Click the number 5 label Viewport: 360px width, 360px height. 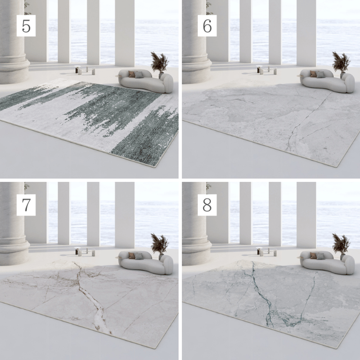click(x=26, y=26)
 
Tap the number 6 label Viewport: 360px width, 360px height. click(x=207, y=26)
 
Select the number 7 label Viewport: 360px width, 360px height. click(x=26, y=205)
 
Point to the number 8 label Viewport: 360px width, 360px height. click(x=207, y=205)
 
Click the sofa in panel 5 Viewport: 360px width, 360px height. click(x=146, y=81)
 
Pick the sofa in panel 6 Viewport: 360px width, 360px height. click(x=328, y=81)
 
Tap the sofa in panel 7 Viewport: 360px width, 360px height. click(x=146, y=262)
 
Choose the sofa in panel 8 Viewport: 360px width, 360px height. click(x=328, y=262)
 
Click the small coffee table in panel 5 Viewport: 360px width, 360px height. click(x=85, y=70)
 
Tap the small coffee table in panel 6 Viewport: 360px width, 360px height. click(x=266, y=70)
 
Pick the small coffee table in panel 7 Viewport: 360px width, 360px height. click(x=85, y=252)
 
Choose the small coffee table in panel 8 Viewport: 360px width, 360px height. click(x=266, y=252)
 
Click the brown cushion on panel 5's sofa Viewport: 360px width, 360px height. click(x=131, y=74)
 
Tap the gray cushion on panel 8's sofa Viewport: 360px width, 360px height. click(x=320, y=256)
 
